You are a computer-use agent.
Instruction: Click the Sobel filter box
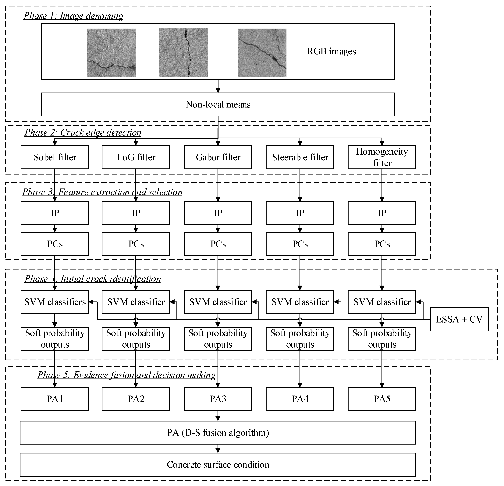[x=55, y=157]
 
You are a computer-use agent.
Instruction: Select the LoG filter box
[x=136, y=157]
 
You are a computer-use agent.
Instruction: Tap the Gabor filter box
[x=218, y=157]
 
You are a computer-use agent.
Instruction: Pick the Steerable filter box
[x=300, y=157]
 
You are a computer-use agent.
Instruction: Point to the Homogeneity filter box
[x=382, y=157]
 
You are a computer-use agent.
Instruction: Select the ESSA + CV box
[x=459, y=319]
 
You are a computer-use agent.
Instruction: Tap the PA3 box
[x=218, y=399]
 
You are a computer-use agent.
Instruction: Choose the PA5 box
[x=382, y=399]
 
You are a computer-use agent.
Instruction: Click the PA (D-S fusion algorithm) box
[x=218, y=433]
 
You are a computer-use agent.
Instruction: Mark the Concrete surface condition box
[x=218, y=465]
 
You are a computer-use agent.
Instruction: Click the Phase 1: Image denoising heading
[x=74, y=16]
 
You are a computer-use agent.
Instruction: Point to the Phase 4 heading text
[x=93, y=279]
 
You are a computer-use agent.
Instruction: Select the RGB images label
[x=332, y=51]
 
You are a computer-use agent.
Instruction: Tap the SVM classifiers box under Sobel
[x=55, y=302]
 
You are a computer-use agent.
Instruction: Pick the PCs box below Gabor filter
[x=218, y=244]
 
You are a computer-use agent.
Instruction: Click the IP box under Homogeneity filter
[x=382, y=213]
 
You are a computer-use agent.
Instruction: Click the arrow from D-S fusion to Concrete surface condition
[x=218, y=449]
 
